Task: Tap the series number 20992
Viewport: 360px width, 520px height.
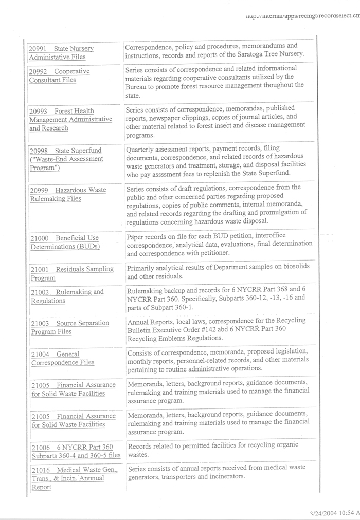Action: [x=38, y=71]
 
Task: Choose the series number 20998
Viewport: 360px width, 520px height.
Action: [x=39, y=151]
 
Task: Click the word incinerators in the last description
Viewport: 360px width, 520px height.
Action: [x=220, y=476]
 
